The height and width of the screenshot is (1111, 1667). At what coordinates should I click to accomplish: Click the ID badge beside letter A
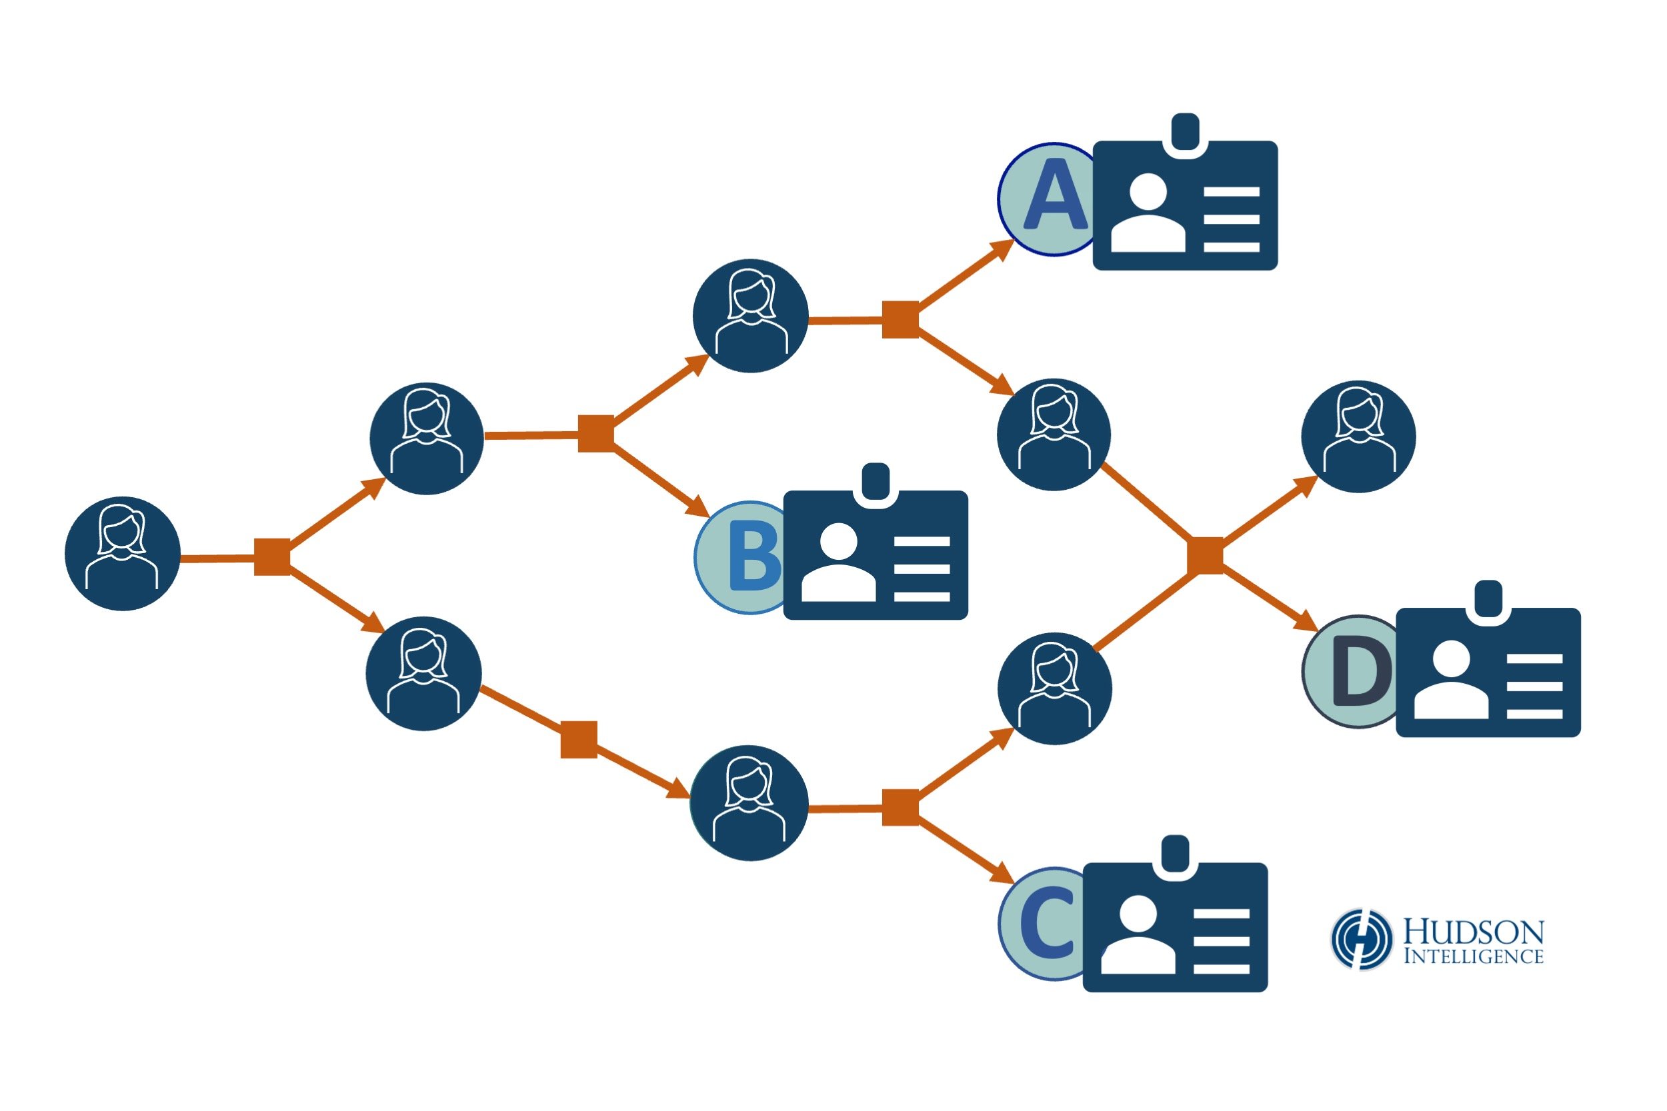point(1185,205)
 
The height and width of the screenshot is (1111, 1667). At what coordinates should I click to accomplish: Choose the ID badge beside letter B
point(876,555)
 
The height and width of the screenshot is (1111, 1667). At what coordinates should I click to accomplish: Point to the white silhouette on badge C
point(1138,935)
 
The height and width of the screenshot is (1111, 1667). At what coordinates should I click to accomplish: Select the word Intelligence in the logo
point(1474,956)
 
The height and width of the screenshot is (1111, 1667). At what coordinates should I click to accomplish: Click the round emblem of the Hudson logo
point(1361,939)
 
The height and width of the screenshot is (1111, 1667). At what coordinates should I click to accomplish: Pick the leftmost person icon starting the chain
point(123,553)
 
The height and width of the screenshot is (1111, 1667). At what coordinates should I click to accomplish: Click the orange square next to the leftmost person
point(272,557)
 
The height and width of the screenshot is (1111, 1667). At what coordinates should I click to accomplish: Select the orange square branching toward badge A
point(900,319)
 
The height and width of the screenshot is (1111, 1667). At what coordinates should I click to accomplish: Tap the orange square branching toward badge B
point(596,434)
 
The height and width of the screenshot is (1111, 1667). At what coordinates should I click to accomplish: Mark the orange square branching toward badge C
point(900,808)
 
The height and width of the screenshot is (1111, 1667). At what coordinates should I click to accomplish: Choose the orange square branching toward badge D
point(1205,556)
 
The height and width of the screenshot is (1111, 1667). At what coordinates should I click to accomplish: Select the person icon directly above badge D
point(1359,437)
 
